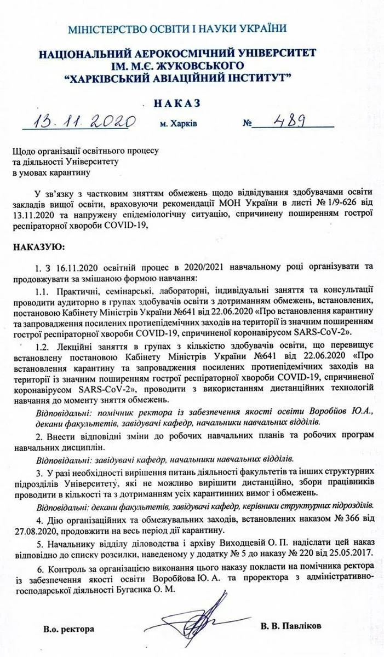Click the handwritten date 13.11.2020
[x=78, y=121]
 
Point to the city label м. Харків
[x=179, y=124]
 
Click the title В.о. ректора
[x=70, y=629]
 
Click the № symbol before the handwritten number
[x=248, y=124]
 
